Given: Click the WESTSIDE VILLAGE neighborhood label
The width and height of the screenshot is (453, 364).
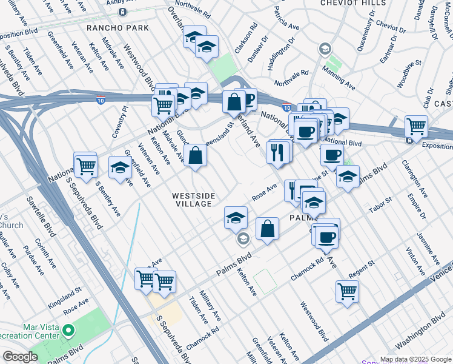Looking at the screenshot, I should coord(192,200).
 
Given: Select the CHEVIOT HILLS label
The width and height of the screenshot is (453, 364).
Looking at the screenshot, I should coord(353,3).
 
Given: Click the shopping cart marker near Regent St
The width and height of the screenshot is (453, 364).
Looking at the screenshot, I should coord(347,291).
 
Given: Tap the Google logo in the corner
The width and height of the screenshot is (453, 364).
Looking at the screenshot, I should coord(21,357).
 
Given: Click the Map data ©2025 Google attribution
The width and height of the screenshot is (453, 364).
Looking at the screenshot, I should coord(415,359).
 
